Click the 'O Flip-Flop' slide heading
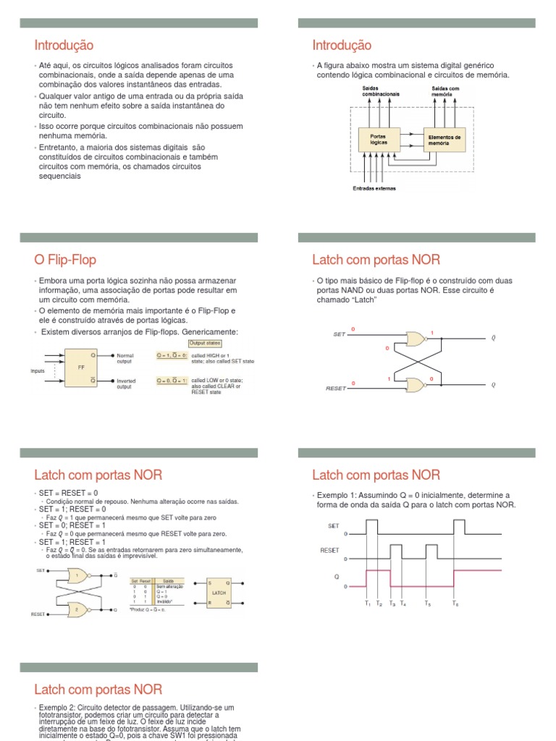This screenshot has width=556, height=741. [65, 260]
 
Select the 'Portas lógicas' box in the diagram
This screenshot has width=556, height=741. [379, 139]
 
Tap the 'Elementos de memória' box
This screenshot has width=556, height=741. [445, 139]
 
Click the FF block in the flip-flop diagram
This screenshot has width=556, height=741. [81, 368]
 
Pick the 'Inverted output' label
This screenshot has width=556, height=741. [126, 384]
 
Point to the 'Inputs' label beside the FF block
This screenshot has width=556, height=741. [38, 370]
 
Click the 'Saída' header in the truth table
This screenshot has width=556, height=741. [167, 580]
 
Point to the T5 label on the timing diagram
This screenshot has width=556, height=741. [428, 603]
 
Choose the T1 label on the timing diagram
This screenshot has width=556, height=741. [368, 603]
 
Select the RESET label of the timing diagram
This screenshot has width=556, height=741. [329, 551]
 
